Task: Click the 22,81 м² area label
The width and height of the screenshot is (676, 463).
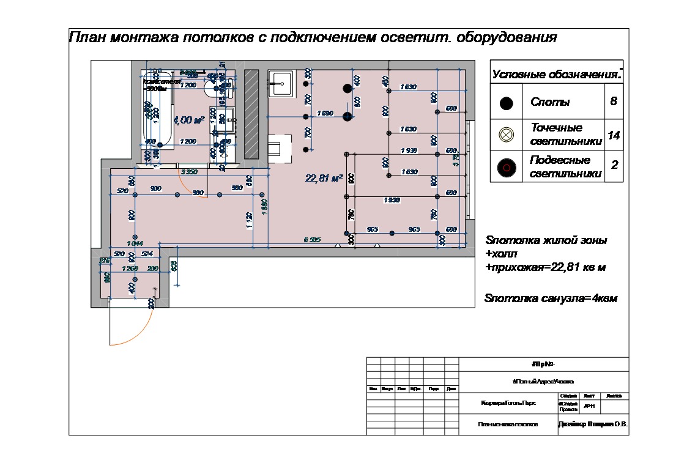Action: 323,179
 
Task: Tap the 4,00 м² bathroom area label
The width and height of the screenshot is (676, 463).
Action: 189,120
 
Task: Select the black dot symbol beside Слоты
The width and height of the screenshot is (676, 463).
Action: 506,103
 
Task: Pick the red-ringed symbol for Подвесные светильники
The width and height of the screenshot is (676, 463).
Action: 506,167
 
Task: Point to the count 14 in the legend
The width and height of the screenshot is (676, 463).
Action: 614,135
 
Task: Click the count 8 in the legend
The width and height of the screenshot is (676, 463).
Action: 614,102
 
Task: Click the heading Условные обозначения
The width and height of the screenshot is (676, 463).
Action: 556,75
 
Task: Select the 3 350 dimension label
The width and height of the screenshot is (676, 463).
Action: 189,172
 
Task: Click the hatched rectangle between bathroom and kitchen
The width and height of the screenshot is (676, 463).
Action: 251,112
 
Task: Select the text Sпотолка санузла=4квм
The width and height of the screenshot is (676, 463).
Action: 551,299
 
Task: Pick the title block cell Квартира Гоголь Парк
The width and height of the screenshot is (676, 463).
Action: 508,403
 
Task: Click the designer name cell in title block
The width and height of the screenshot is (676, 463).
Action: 593,424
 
